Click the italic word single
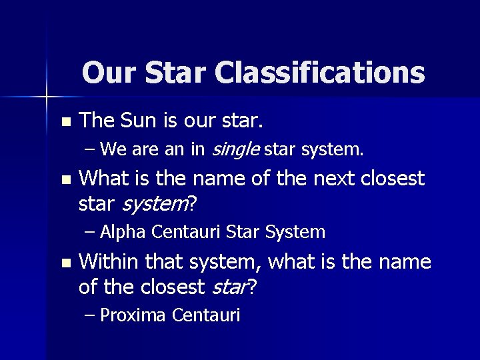coord(235,151)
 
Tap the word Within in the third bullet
coord(105,262)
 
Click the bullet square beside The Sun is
coord(65,122)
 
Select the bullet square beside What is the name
coord(65,180)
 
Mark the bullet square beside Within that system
coord(65,263)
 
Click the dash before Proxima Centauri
coord(91,315)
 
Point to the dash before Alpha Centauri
coord(91,232)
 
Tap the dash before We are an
coord(91,151)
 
